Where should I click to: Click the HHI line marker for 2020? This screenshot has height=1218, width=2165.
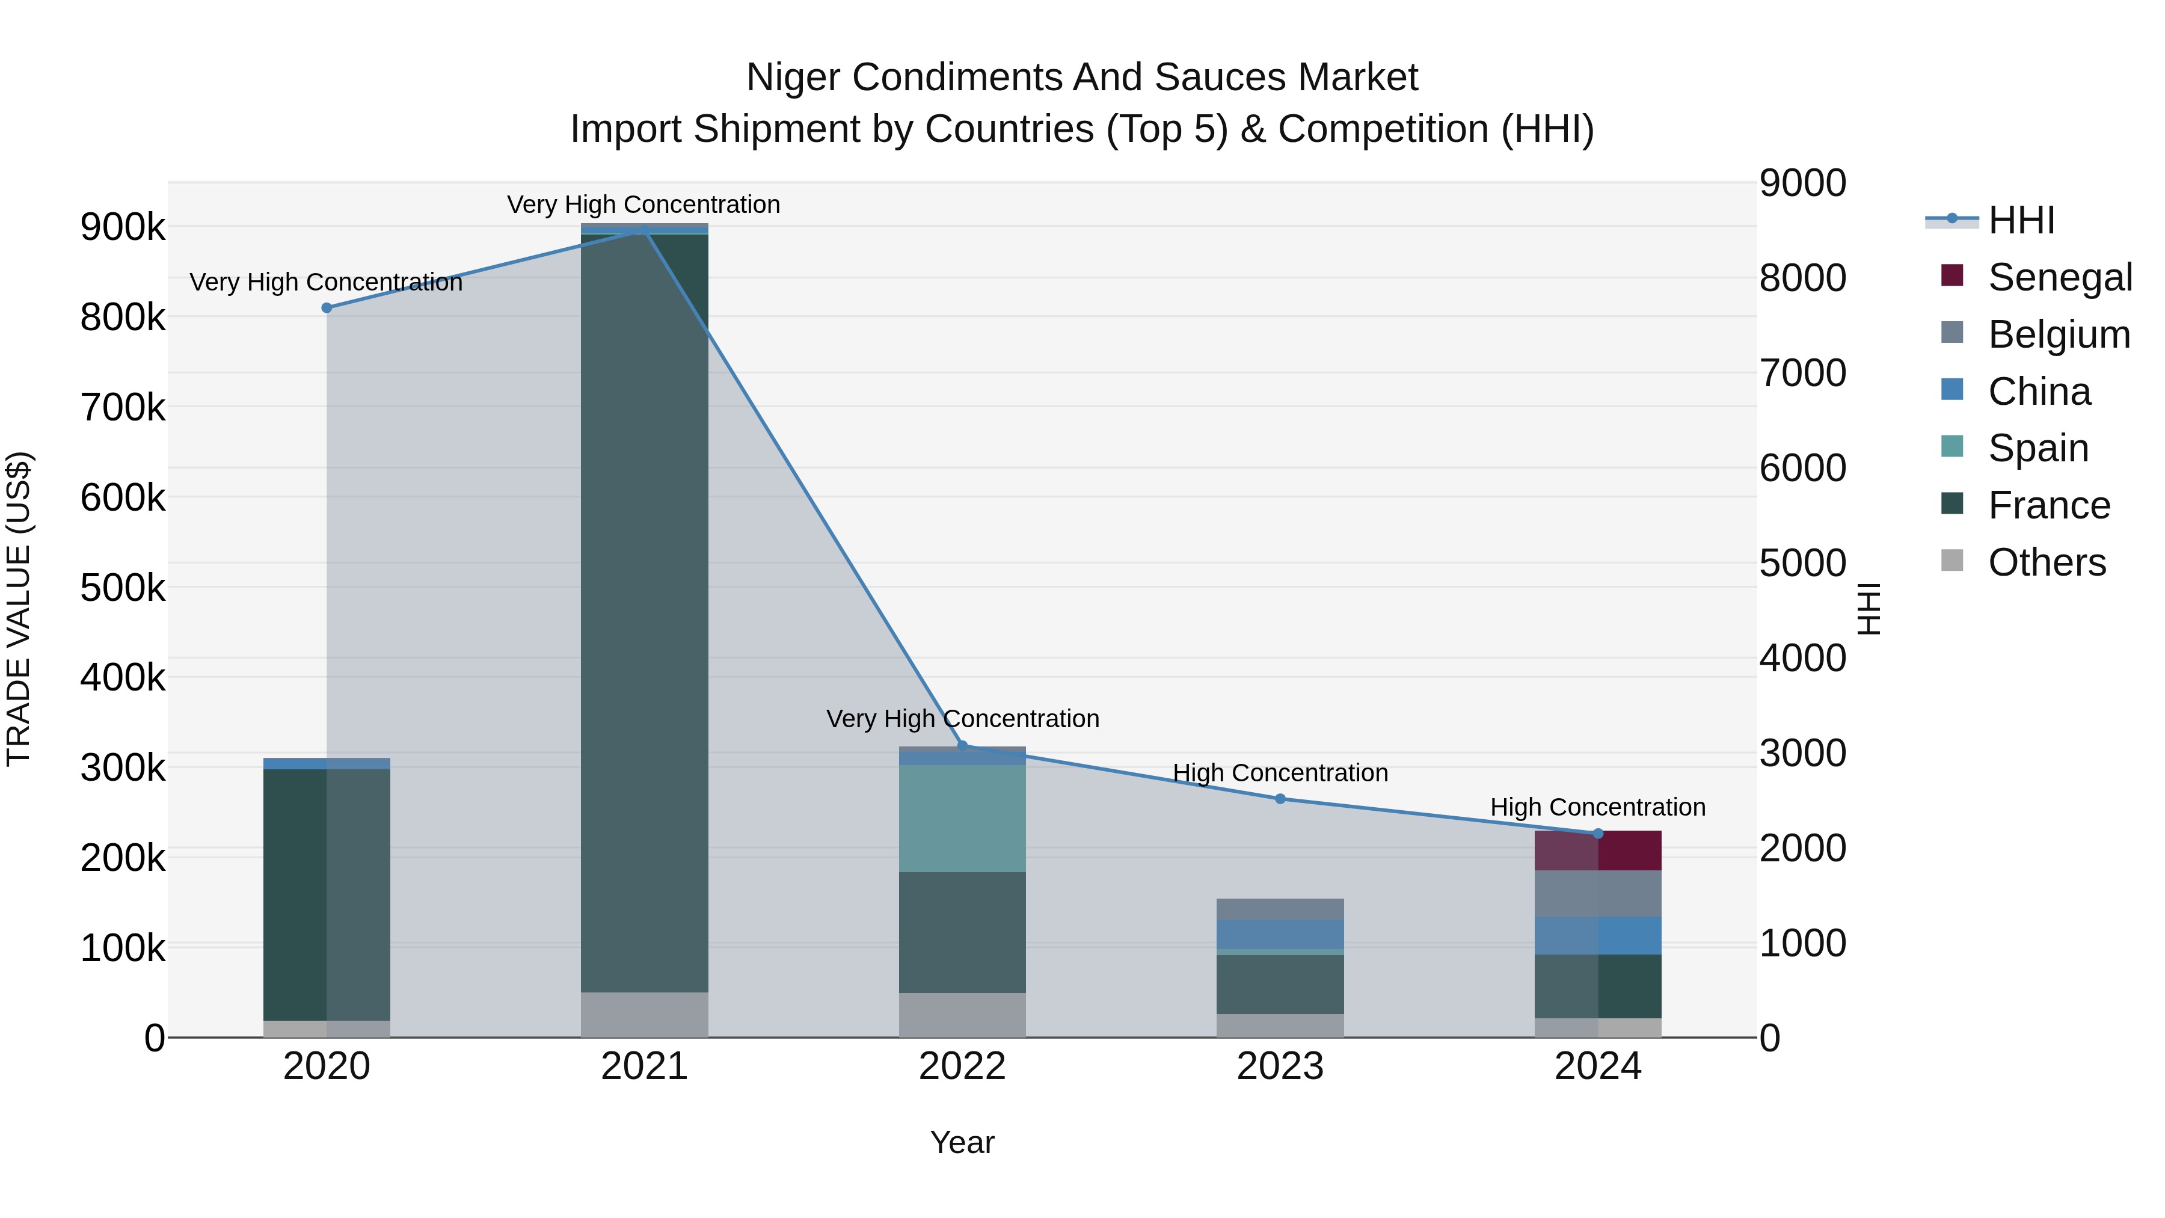(327, 307)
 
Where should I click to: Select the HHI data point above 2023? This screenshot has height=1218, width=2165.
(1280, 799)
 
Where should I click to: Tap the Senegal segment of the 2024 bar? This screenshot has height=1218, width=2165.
(1598, 850)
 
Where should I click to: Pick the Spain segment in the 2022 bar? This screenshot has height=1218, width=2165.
(962, 818)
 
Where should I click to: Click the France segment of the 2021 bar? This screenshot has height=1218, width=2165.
(645, 614)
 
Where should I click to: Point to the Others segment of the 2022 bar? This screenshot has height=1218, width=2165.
(962, 1015)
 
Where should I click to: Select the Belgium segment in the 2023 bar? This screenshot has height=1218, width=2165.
(1280, 909)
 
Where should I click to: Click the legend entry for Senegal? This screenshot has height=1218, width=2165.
(2059, 277)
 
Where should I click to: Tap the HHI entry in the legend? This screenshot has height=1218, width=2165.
(2021, 220)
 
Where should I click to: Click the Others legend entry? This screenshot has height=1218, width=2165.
(2047, 562)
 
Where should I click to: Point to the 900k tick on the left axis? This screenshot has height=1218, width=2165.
(123, 227)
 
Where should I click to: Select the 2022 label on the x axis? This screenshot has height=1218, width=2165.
(962, 1066)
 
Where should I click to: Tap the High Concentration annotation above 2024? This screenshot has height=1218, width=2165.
(1598, 807)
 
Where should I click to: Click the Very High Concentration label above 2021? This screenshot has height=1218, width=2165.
(643, 205)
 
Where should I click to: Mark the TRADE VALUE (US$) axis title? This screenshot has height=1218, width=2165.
(19, 609)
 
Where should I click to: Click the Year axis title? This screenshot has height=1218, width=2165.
(962, 1142)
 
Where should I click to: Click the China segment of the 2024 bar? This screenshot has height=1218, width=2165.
(1598, 935)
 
